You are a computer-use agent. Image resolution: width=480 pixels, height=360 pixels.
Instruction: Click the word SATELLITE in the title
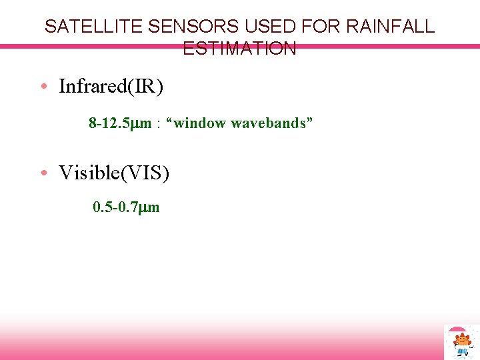click(93, 27)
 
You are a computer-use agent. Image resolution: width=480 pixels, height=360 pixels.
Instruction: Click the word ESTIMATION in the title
click(239, 49)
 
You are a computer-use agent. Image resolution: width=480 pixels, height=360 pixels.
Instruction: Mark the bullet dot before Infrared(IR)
click(43, 87)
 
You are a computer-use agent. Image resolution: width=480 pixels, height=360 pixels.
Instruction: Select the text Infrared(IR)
click(111, 87)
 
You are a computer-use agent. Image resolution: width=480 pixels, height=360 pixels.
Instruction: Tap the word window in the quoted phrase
click(204, 123)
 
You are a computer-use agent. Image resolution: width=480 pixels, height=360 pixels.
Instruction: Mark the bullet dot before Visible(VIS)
click(43, 173)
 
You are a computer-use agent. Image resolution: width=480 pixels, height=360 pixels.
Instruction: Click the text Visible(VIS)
click(114, 173)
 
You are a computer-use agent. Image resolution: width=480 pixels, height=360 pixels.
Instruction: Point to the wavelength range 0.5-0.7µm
click(126, 207)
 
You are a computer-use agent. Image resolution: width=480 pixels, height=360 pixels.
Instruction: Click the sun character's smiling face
click(461, 341)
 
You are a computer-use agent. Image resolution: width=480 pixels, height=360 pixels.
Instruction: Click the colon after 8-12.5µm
click(159, 124)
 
